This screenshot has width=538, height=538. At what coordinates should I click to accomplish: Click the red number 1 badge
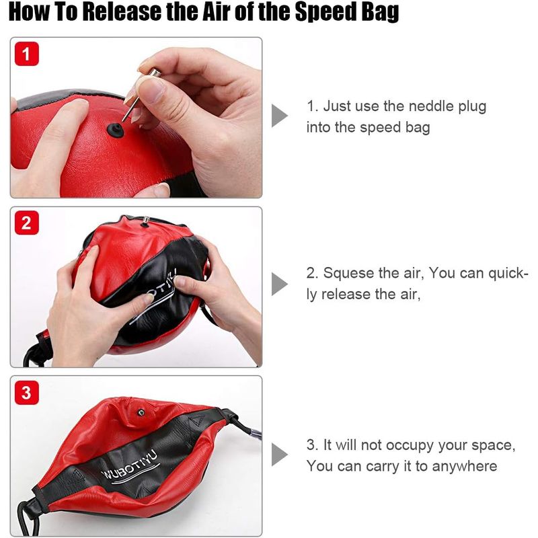(27, 54)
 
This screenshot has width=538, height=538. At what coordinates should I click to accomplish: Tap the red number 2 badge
(27, 223)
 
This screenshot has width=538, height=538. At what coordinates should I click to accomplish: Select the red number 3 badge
(27, 393)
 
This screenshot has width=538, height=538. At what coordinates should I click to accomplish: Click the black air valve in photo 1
(115, 130)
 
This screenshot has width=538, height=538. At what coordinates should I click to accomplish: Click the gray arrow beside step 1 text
(280, 116)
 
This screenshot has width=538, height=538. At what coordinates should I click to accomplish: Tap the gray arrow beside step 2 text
(280, 284)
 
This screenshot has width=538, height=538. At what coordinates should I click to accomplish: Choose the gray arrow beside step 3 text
(280, 455)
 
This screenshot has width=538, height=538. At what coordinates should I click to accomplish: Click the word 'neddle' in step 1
(432, 106)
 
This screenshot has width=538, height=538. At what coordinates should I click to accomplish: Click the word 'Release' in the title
(122, 11)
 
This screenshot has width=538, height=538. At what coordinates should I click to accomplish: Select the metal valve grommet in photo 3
(141, 412)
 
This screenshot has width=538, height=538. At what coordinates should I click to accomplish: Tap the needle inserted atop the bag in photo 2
(145, 221)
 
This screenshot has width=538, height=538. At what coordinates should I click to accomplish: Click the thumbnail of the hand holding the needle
(137, 117)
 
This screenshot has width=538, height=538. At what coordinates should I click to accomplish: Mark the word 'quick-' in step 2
(508, 273)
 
